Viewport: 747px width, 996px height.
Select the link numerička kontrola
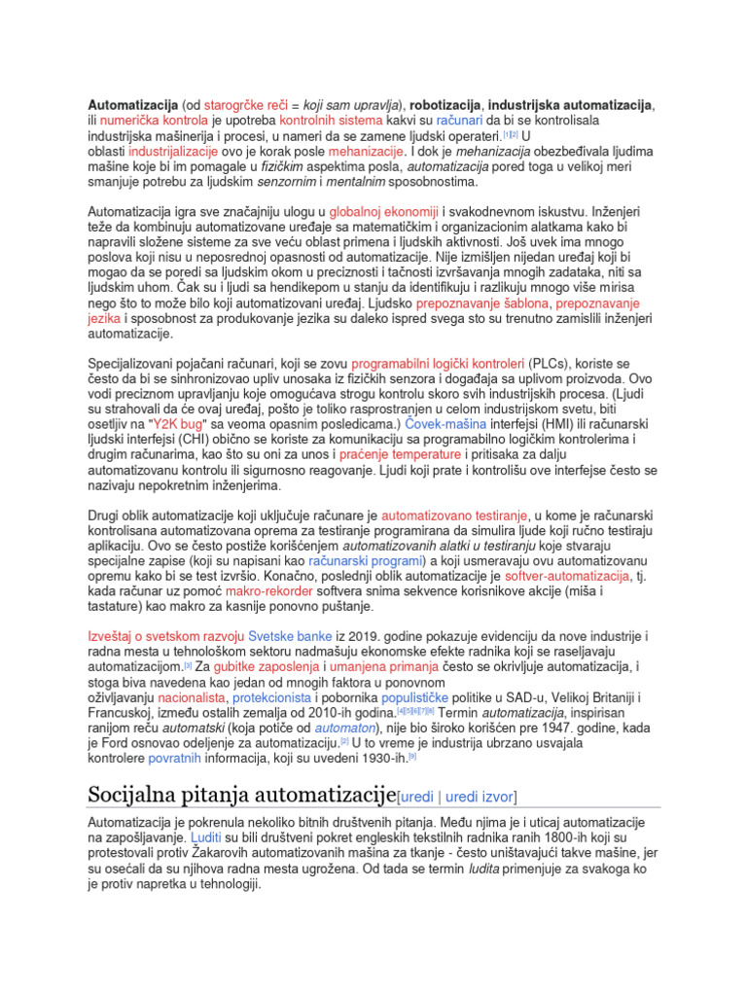coord(147,121)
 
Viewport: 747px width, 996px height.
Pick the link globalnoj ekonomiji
coord(384,212)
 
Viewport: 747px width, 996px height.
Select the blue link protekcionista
coord(272,697)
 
